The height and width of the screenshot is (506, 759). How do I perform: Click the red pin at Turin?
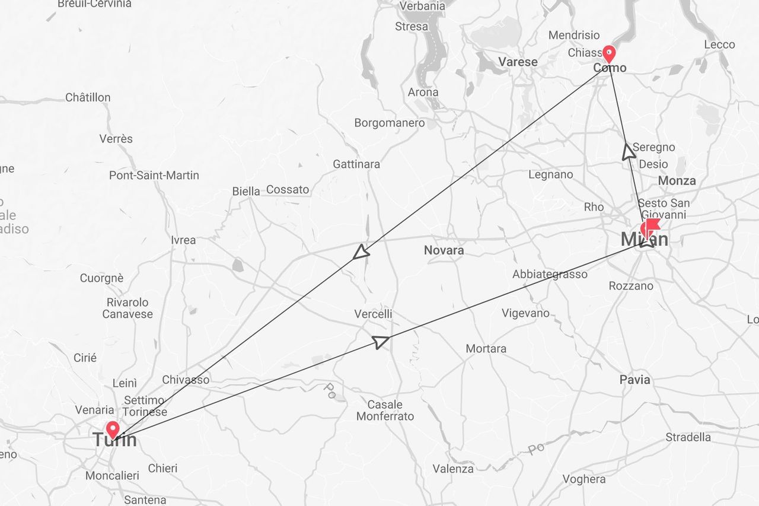click(x=112, y=429)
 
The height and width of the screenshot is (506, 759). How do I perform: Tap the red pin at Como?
click(x=608, y=54)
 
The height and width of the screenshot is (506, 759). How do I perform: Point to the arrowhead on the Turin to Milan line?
click(x=381, y=341)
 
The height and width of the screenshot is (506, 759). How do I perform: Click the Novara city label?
click(x=444, y=250)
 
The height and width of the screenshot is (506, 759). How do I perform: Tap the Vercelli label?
click(x=373, y=314)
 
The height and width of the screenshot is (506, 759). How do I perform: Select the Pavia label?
click(x=634, y=380)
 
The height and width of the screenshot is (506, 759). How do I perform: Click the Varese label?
click(x=518, y=62)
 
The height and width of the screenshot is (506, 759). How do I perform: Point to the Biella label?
click(x=246, y=191)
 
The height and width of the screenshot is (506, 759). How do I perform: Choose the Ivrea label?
click(x=183, y=240)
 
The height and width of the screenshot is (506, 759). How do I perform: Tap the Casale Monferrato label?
click(x=385, y=410)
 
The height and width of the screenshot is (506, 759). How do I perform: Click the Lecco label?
click(x=719, y=44)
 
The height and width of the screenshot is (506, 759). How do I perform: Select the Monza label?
click(x=677, y=181)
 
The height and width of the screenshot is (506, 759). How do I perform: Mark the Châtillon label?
click(x=88, y=97)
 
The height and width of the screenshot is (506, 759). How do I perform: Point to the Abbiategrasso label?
click(x=550, y=274)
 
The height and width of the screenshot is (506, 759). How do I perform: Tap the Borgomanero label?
click(x=390, y=123)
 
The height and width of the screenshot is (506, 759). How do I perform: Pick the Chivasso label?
click(x=186, y=380)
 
